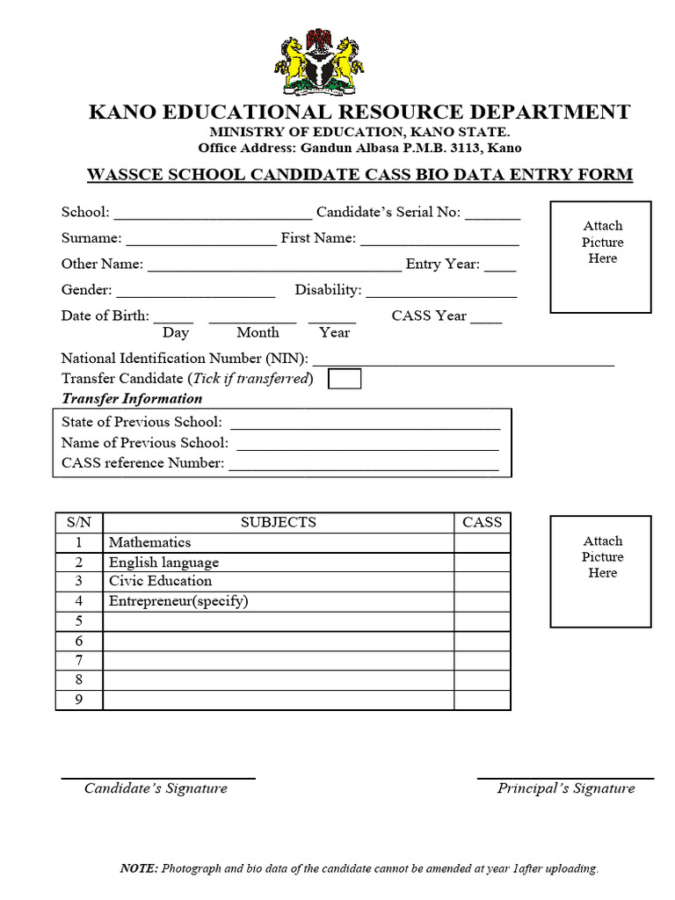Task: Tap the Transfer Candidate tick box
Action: (x=344, y=379)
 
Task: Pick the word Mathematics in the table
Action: (x=149, y=542)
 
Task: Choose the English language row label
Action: (x=163, y=562)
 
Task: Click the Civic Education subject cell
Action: (x=160, y=581)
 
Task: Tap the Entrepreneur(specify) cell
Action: (x=178, y=601)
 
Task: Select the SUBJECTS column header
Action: (x=278, y=522)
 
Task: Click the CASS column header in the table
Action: (x=482, y=522)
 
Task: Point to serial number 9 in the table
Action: (x=79, y=700)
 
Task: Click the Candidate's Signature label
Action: (x=156, y=788)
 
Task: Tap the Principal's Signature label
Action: (x=566, y=788)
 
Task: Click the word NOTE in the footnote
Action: (x=139, y=868)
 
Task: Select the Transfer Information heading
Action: (x=132, y=398)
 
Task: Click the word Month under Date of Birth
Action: (x=258, y=332)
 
